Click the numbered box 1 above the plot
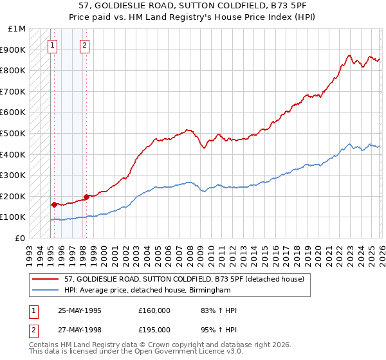pos(52,46)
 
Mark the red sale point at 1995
pos(54,204)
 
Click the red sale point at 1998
pos(86,197)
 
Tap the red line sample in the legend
pos(46,279)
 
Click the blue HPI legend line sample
pos(46,291)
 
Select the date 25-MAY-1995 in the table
pos(79,310)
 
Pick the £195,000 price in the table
pos(154,329)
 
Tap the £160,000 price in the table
pos(154,310)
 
